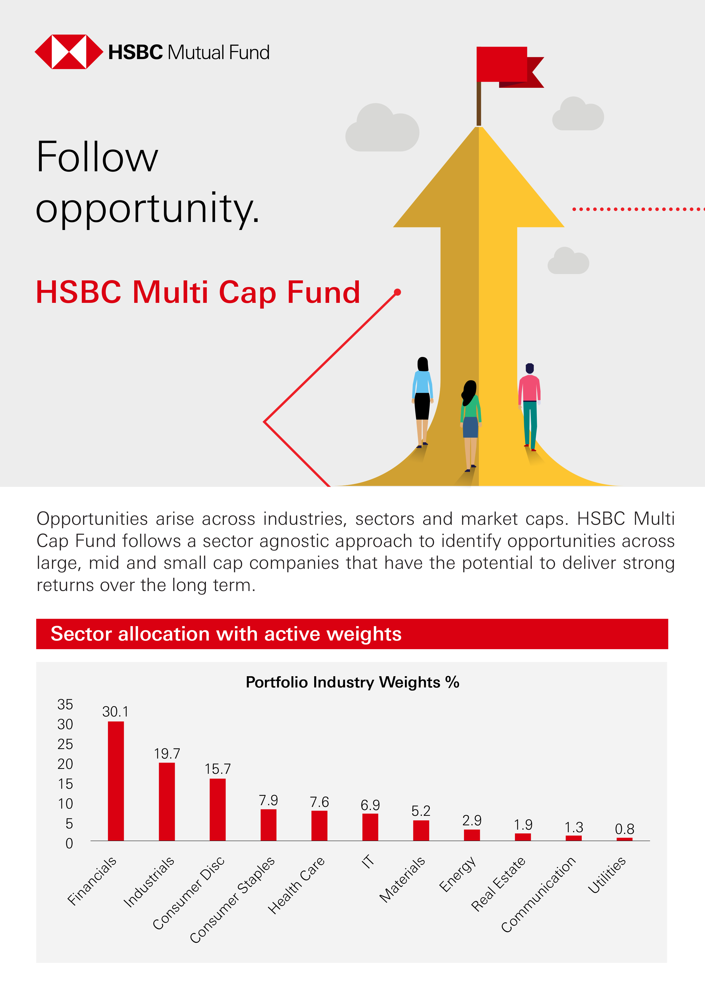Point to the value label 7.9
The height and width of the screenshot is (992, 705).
pos(268,800)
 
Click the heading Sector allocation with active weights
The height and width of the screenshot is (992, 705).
pos(226,634)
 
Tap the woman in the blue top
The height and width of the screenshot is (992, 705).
pos(422,401)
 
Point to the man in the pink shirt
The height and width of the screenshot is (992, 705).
pos(530,406)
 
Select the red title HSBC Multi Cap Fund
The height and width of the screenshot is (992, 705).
pos(198,292)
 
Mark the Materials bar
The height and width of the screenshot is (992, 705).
pos(421,830)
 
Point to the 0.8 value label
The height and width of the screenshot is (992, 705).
pos(624,829)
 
